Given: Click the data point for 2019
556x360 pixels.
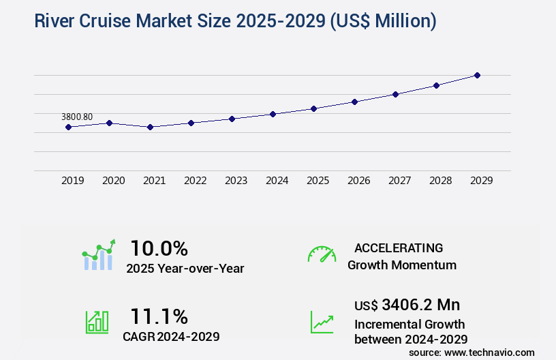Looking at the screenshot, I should pyautogui.click(x=68, y=127).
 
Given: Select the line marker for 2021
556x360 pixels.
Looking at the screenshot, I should pyautogui.click(x=150, y=127).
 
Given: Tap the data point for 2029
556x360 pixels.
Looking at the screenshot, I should pyautogui.click(x=477, y=75).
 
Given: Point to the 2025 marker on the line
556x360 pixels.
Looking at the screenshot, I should pyautogui.click(x=313, y=108).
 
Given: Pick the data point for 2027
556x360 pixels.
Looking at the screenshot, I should pyautogui.click(x=395, y=94).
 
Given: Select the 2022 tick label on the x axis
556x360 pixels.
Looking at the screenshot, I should pyautogui.click(x=195, y=181).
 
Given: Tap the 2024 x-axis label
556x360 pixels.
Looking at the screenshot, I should pyautogui.click(x=277, y=181).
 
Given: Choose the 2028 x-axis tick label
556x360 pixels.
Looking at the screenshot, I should pyautogui.click(x=440, y=181).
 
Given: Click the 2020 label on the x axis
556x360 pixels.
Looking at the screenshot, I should pyautogui.click(x=113, y=181).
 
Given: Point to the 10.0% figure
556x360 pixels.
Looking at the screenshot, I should pyautogui.click(x=159, y=248).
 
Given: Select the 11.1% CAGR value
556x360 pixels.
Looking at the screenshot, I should pyautogui.click(x=159, y=316).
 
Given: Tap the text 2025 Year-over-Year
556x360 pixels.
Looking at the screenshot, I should pyautogui.click(x=185, y=269).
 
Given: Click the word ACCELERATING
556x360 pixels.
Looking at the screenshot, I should pyautogui.click(x=399, y=247).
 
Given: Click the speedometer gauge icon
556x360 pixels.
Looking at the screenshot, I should pyautogui.click(x=322, y=254).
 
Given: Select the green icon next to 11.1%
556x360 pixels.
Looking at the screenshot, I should pyautogui.click(x=96, y=322).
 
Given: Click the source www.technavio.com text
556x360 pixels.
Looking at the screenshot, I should pyautogui.click(x=472, y=352).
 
